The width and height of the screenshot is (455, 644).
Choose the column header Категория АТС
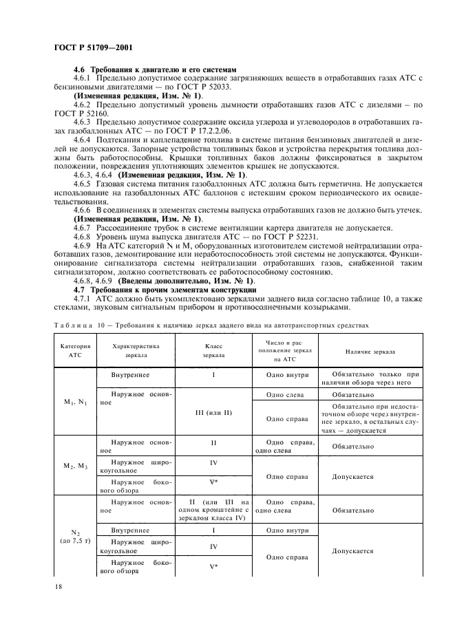click(72, 351)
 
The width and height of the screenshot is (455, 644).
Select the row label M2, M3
click(72, 466)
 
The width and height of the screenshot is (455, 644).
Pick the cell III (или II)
click(213, 413)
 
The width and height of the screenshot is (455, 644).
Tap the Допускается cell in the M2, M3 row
click(352, 475)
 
